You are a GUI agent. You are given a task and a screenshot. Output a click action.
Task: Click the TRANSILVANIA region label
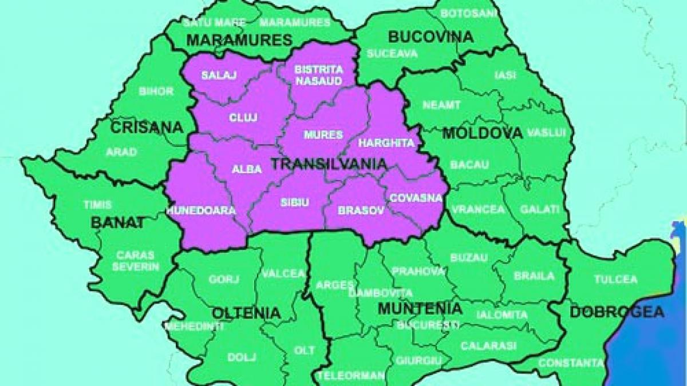pyautogui.click(x=329, y=164)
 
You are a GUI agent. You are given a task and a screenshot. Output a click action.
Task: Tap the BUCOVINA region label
pyautogui.click(x=431, y=37)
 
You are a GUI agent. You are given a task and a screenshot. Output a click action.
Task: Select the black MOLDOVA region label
pyautogui.click(x=483, y=133)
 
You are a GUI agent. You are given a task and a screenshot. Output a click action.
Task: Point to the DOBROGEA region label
pyautogui.click(x=617, y=312)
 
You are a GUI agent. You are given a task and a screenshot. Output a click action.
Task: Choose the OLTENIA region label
pyautogui.click(x=246, y=313)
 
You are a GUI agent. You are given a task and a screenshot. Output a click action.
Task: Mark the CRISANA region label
pyautogui.click(x=147, y=126)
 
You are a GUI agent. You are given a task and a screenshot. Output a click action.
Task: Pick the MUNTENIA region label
pyautogui.click(x=420, y=309)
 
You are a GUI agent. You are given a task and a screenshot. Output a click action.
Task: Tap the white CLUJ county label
pyautogui.click(x=243, y=117)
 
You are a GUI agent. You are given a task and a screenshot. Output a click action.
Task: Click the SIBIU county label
pyautogui.click(x=295, y=202)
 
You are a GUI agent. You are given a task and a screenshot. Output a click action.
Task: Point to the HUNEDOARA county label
pyautogui.click(x=201, y=210)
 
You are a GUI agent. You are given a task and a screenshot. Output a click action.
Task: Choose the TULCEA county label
pyautogui.click(x=615, y=280)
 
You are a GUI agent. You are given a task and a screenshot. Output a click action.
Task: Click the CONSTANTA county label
pyautogui.click(x=571, y=363)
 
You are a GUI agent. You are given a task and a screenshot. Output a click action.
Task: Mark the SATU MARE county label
pyautogui.click(x=214, y=23)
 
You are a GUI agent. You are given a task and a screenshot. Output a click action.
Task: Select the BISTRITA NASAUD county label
pyautogui.click(x=318, y=75)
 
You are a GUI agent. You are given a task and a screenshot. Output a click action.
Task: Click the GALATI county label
pyautogui.click(x=539, y=209)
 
